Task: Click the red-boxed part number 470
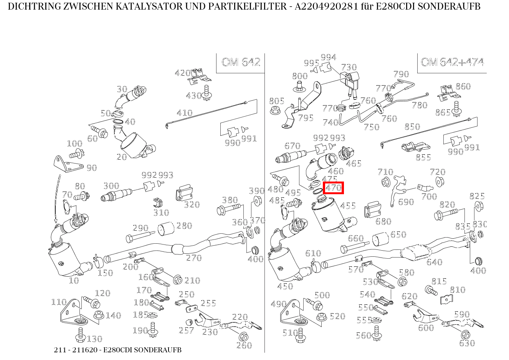333,188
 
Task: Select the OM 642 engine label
241,62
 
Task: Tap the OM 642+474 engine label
452,62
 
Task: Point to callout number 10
74,281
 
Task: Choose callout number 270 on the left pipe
194,258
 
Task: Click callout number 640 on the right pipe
434,262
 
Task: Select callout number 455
348,206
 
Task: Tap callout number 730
349,68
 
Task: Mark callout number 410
184,113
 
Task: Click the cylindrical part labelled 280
166,229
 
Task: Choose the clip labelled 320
183,195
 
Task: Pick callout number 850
412,127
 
